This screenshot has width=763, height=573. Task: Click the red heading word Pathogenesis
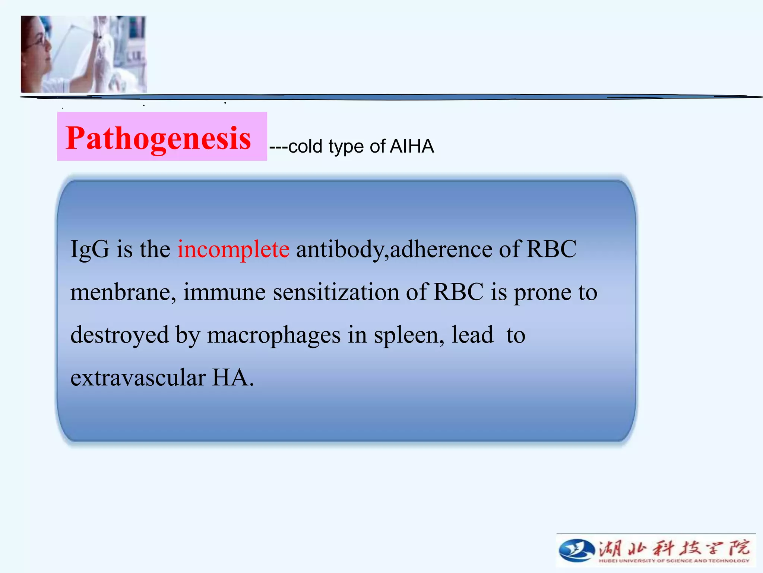[158, 138]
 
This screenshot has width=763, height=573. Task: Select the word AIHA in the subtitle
[412, 146]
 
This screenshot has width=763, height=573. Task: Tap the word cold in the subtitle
[305, 146]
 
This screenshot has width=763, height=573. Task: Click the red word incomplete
[233, 249]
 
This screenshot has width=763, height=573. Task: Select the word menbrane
[123, 292]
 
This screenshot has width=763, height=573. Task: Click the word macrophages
[274, 335]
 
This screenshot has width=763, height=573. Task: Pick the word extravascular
[138, 378]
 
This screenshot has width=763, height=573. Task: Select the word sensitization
[336, 292]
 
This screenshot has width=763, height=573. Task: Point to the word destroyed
[119, 335]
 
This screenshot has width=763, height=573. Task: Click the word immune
[224, 292]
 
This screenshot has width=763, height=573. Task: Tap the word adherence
[441, 249]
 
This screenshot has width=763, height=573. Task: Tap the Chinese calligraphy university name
[674, 548]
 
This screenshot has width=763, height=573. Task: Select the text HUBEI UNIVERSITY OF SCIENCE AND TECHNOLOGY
[674, 561]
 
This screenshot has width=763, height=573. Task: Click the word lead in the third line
[472, 335]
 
